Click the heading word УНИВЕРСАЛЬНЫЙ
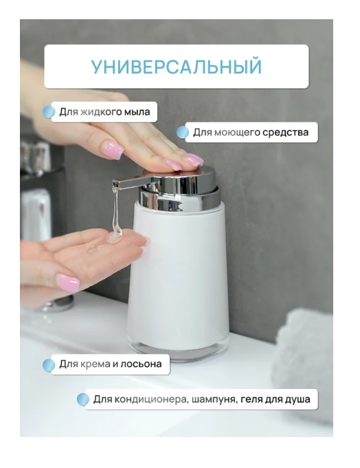click(x=177, y=67)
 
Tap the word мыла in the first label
click(x=139, y=111)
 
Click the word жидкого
click(x=102, y=111)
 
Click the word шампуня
click(x=213, y=399)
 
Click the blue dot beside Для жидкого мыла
click(x=49, y=112)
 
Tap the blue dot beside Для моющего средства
click(x=183, y=133)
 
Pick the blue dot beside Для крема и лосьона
click(x=49, y=365)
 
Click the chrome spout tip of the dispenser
click(x=116, y=184)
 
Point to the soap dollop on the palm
click(x=115, y=238)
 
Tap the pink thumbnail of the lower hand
click(x=67, y=282)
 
